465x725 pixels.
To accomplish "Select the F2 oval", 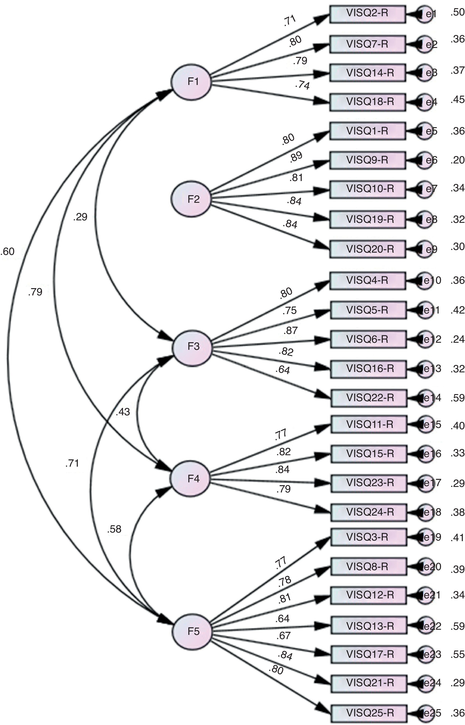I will click(191, 199).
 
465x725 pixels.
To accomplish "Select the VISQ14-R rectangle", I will click(367, 73).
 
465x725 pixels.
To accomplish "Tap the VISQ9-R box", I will click(367, 160).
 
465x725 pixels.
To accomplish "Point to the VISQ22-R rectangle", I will click(369, 398).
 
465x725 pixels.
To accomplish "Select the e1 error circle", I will click(425, 14).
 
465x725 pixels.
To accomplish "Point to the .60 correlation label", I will click(8, 251).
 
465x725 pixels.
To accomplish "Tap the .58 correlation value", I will click(114, 529).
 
